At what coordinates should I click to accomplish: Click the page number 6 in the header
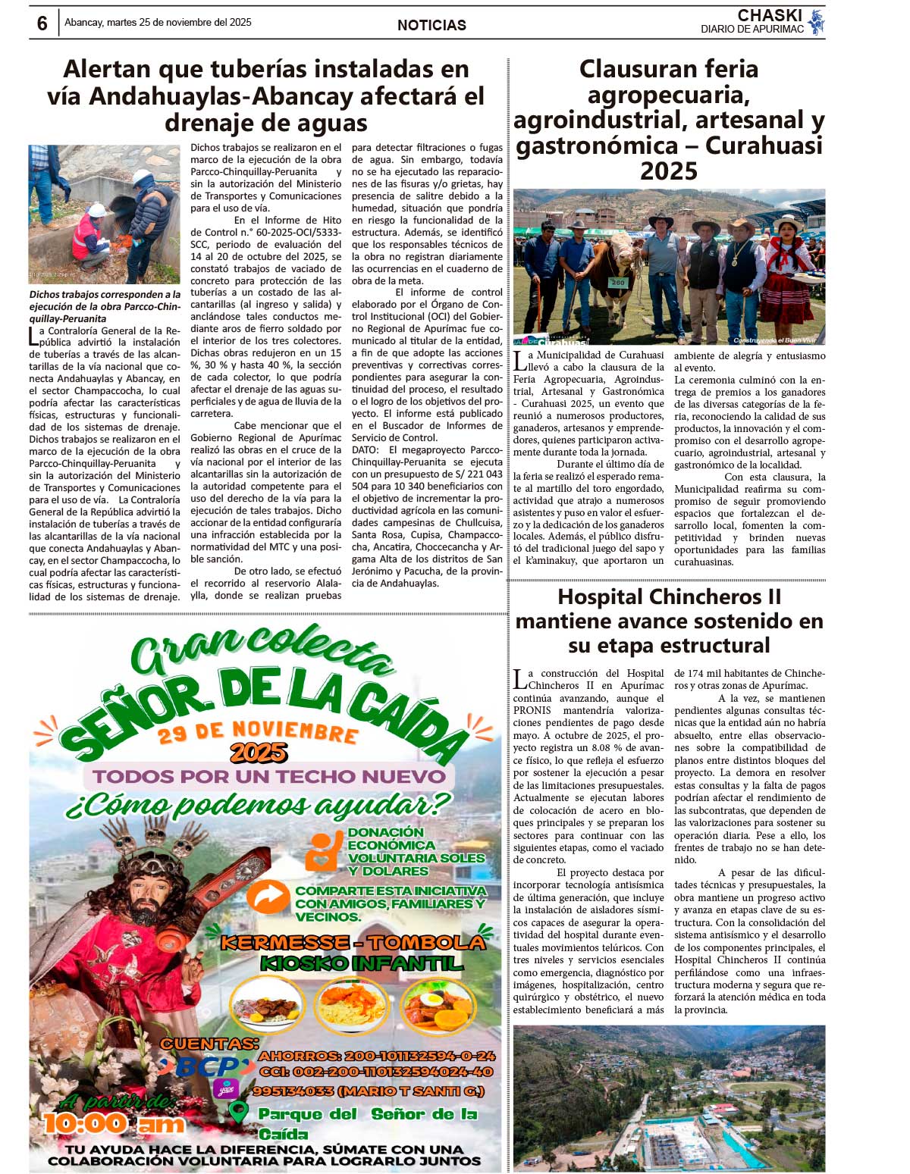pos(42,23)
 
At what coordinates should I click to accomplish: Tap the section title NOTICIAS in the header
pos(431,25)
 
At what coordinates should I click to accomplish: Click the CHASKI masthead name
pos(770,15)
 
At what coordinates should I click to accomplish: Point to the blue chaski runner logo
pos(815,22)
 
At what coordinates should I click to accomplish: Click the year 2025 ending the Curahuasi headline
pos(668,171)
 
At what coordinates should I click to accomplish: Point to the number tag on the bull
pos(618,283)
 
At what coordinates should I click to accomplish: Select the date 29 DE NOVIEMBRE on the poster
pos(258,732)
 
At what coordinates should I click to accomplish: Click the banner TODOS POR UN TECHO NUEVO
pos(269,776)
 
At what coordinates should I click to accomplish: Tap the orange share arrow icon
pos(267,897)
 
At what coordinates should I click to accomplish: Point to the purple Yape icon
pos(225,1089)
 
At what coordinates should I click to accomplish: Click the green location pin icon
pos(239,1112)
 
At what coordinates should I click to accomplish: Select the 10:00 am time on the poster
pos(114,1124)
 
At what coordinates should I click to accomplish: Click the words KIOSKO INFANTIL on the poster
pos(361,963)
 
